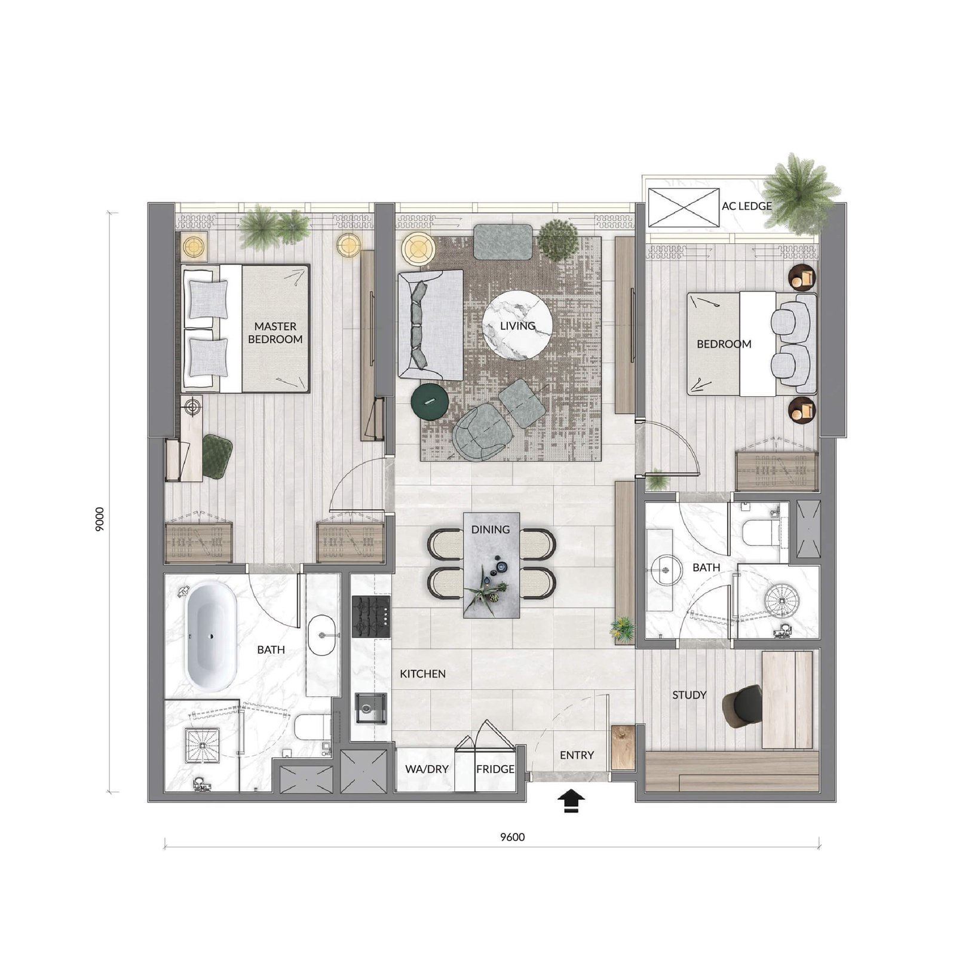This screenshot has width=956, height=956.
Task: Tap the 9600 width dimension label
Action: (x=513, y=837)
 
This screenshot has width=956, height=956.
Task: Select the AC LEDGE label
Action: (x=747, y=206)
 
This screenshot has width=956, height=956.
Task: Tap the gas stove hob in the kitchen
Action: (x=371, y=616)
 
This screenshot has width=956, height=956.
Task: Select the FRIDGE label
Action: (x=495, y=769)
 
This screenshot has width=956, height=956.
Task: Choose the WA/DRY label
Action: (x=427, y=769)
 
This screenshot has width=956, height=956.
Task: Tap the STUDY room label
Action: (x=690, y=695)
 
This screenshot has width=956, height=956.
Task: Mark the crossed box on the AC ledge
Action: (x=684, y=207)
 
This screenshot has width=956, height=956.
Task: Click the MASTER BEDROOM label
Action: (x=275, y=333)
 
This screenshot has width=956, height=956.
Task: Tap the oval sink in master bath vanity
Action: (x=323, y=635)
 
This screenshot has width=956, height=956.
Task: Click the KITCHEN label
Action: (x=422, y=674)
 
